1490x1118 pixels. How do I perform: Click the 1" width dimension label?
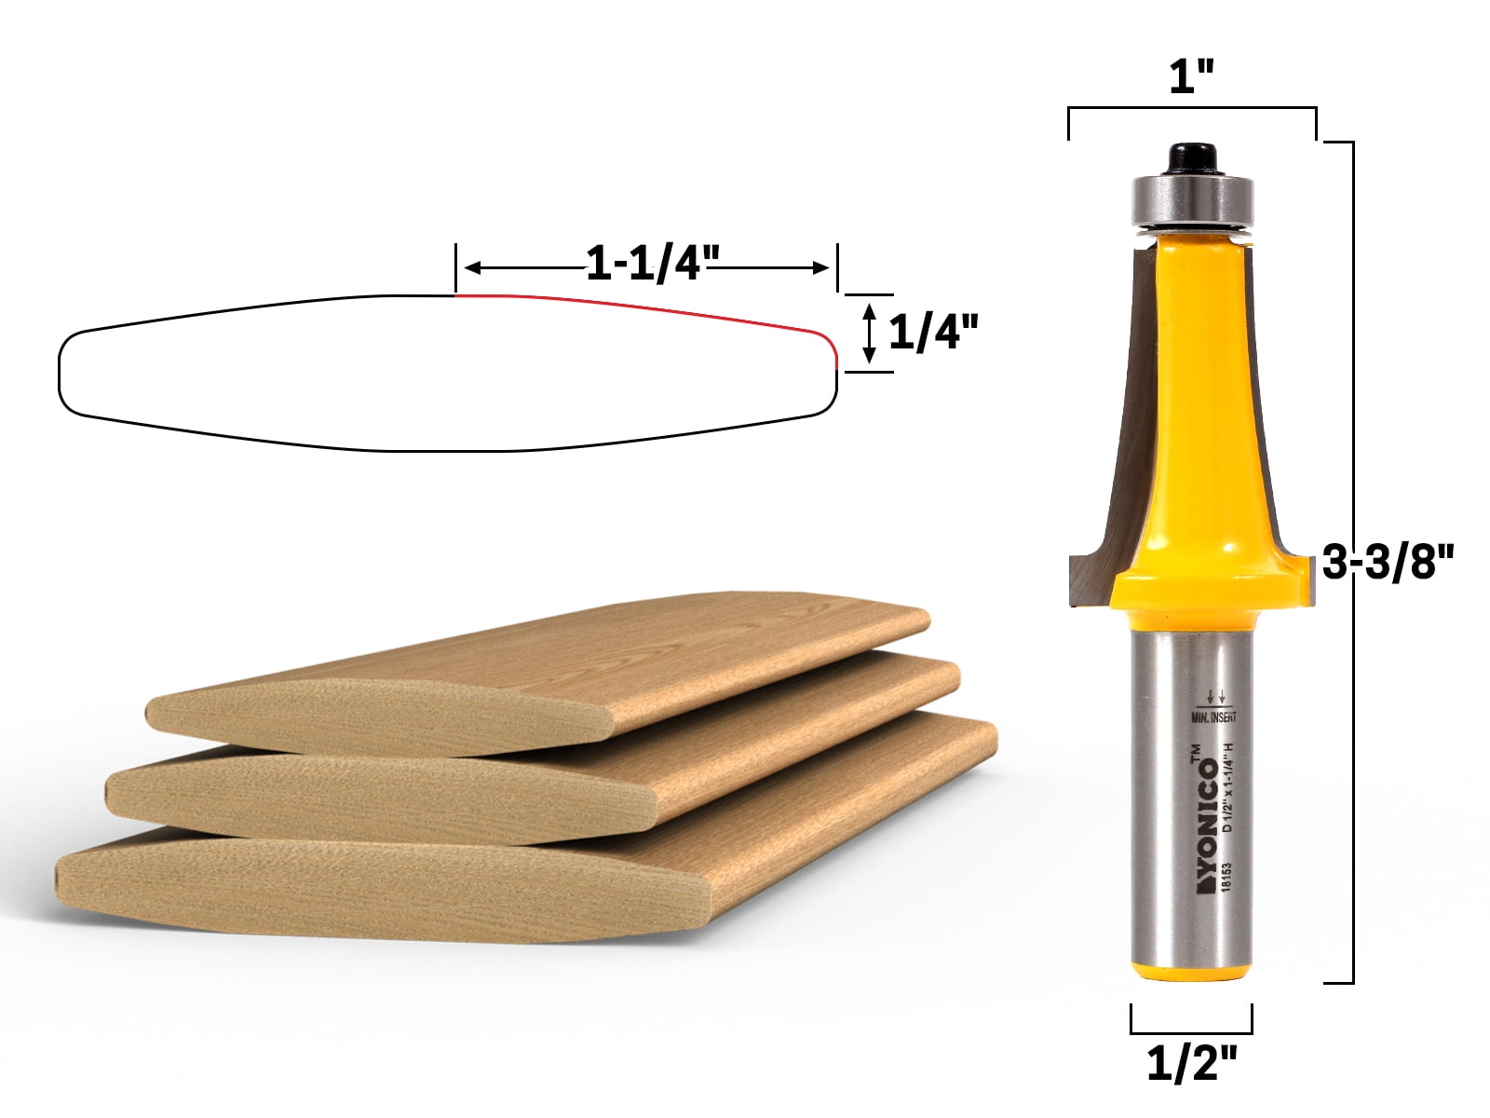click(x=1191, y=76)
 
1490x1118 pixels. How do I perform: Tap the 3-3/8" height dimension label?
click(x=1388, y=563)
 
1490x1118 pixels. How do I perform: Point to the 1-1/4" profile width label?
click(x=646, y=266)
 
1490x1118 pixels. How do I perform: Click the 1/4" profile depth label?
click(x=933, y=332)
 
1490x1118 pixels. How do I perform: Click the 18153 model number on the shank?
click(x=1227, y=877)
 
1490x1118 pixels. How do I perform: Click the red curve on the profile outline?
click(x=652, y=307)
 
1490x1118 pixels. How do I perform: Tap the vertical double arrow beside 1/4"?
click(x=869, y=333)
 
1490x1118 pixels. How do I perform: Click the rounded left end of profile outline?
click(x=63, y=373)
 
